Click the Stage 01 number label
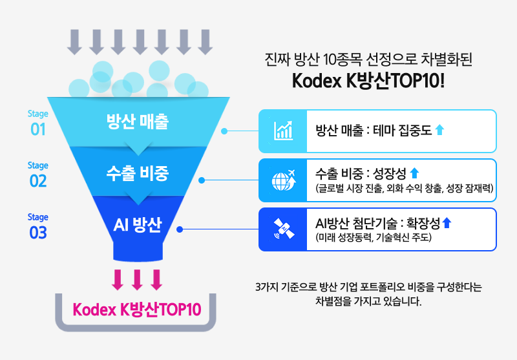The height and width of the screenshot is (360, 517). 38,129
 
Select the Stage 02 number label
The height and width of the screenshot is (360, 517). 38,181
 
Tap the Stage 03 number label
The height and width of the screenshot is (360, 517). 38,233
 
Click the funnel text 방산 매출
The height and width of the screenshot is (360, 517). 138,121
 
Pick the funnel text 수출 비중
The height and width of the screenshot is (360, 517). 138,173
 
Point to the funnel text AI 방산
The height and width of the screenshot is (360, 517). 138,225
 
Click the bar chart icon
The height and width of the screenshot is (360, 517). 283,131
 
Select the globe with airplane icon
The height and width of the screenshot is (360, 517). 283,180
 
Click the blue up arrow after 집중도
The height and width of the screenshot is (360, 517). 439,129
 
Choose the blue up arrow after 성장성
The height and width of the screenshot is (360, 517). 414,173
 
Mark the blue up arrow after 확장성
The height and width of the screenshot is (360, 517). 447,223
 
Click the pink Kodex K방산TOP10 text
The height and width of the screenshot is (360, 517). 137,310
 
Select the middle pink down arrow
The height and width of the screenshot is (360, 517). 137,280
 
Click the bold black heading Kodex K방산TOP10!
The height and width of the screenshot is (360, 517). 368,81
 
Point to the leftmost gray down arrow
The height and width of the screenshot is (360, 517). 74,42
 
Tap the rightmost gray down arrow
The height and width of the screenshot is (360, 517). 205,42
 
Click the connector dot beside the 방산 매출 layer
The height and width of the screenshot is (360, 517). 224,131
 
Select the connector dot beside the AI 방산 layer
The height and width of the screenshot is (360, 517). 180,229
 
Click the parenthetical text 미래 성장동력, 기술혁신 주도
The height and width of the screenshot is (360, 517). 374,237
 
